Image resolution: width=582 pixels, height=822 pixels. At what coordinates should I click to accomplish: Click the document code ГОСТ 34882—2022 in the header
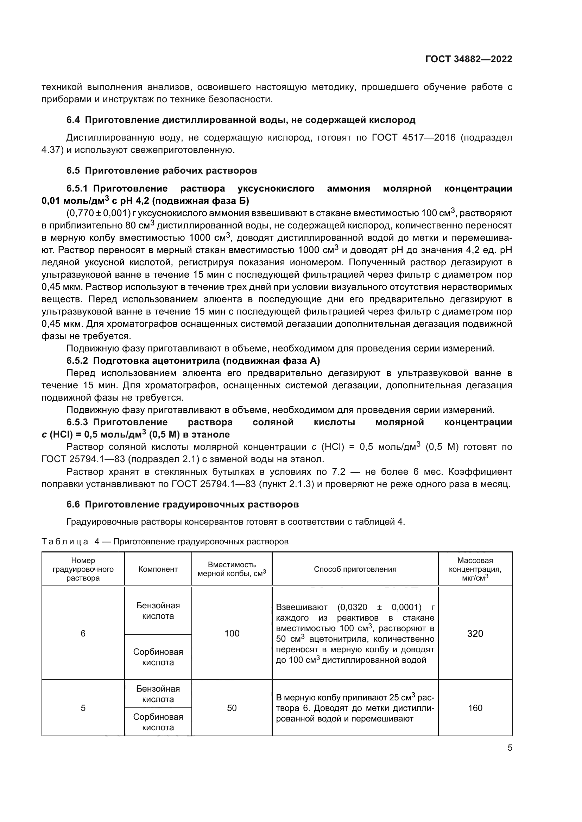tap(469, 59)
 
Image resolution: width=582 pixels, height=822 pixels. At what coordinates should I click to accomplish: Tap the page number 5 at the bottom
tap(510, 748)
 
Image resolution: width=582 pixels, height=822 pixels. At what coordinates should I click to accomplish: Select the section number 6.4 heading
tap(73, 120)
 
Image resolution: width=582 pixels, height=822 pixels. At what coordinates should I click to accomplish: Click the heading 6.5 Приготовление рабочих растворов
tap(162, 171)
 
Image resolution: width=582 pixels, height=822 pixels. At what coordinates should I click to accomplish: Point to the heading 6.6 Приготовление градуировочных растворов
tap(182, 504)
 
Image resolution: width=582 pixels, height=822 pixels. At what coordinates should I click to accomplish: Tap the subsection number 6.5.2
tap(77, 361)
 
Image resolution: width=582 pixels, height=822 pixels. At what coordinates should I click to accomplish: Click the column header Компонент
tap(158, 569)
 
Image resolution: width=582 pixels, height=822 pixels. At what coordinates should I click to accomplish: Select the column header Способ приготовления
tap(355, 569)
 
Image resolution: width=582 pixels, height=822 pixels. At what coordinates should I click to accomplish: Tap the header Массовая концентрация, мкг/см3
tap(475, 569)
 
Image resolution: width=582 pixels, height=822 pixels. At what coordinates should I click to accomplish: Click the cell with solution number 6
tap(83, 634)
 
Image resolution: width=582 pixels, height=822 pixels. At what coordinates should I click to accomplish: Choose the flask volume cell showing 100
tap(232, 634)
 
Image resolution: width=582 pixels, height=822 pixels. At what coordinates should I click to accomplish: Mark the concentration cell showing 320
tap(475, 634)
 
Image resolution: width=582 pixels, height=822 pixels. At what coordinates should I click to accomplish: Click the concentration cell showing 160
tap(475, 708)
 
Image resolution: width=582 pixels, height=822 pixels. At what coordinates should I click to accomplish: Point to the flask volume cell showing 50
tap(232, 708)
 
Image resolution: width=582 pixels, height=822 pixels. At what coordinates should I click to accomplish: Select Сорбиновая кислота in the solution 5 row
tap(158, 722)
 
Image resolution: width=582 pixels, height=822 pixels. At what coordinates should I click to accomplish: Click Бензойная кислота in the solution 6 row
tap(158, 611)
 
